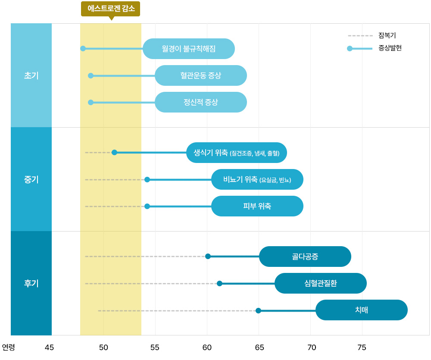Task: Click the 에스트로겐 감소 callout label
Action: tap(111, 9)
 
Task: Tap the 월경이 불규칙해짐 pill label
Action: tap(189, 49)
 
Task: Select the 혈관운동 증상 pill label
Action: tap(201, 75)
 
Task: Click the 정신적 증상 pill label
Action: tap(201, 102)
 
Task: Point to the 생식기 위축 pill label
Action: tap(237, 153)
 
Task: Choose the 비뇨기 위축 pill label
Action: tap(257, 179)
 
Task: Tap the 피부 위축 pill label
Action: tap(257, 206)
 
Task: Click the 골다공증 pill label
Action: tap(305, 257)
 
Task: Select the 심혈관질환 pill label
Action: tap(321, 283)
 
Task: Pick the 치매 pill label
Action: tap(362, 310)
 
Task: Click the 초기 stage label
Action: tap(31, 75)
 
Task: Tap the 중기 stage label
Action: tap(31, 179)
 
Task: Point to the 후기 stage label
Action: tap(31, 283)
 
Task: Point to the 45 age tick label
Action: tap(50, 347)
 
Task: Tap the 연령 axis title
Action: tap(8, 347)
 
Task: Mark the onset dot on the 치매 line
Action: tap(258, 310)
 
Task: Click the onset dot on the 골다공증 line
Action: tap(208, 256)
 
